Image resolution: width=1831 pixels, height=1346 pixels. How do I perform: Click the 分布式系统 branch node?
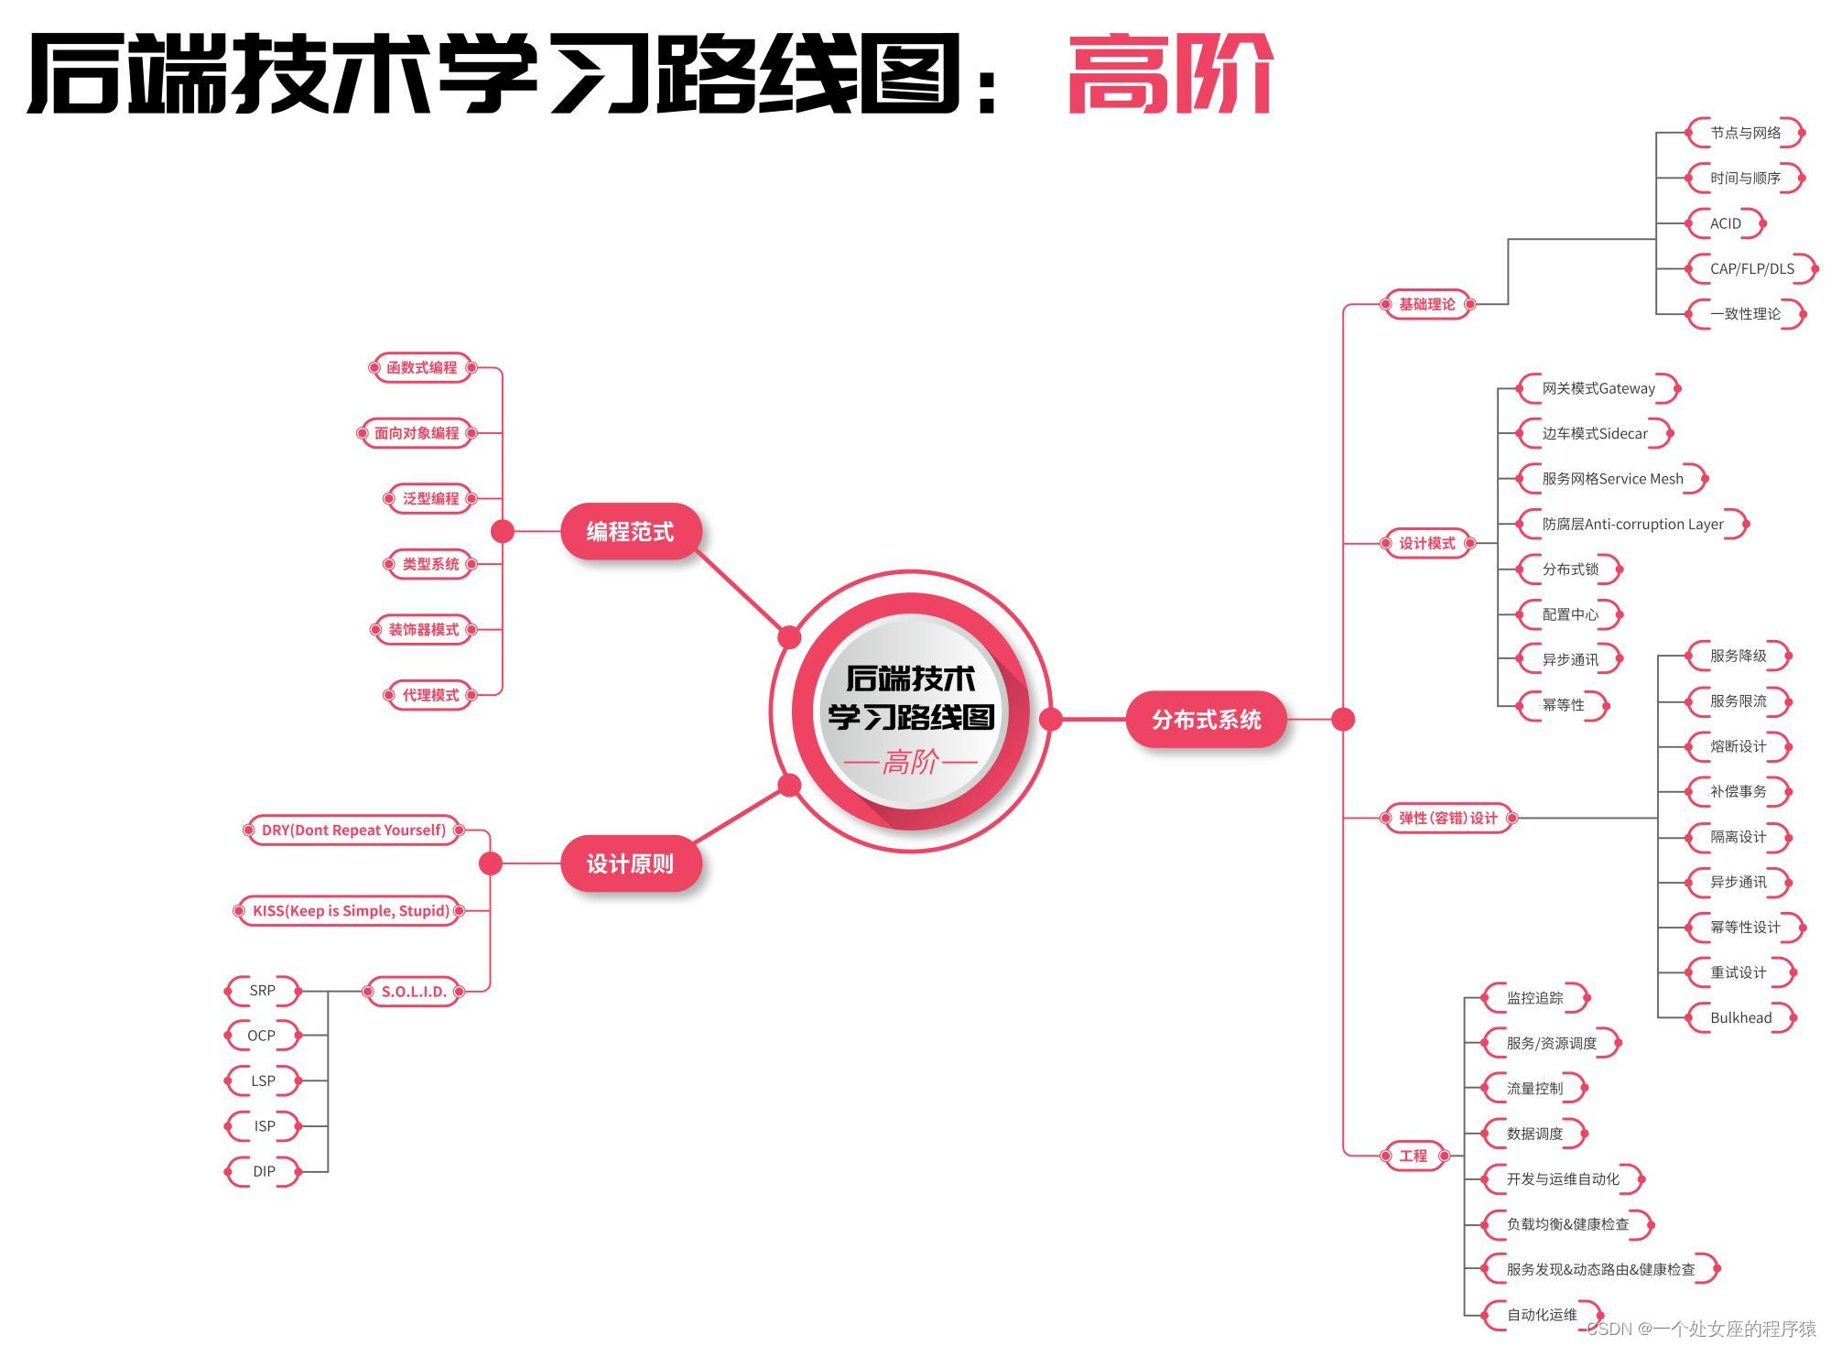[x=1206, y=720]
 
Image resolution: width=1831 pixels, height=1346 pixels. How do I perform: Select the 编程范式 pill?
[x=630, y=531]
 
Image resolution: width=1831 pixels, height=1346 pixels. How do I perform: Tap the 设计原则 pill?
[x=630, y=863]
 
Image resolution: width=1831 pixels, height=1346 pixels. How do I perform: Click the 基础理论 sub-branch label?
[x=1426, y=304]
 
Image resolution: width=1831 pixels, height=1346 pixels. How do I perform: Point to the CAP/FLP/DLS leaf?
[x=1751, y=268]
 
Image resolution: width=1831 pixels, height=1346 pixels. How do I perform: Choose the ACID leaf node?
[x=1725, y=223]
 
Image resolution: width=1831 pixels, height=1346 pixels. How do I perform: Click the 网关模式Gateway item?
[x=1598, y=388]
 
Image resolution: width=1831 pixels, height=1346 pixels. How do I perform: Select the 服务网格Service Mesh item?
[x=1612, y=479]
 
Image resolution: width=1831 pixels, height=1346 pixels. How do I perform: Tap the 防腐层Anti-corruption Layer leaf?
[x=1632, y=524]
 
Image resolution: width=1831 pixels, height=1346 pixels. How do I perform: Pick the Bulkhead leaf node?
[x=1740, y=1017]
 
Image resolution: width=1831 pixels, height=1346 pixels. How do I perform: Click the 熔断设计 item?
[x=1738, y=746]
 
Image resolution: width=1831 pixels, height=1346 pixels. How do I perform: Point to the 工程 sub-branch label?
[x=1413, y=1156]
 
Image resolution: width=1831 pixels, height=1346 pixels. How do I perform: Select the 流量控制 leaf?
[x=1534, y=1089]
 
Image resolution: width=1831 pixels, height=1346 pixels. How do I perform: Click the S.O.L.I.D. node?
[x=414, y=991]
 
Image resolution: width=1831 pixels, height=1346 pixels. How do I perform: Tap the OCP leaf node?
[x=262, y=1036]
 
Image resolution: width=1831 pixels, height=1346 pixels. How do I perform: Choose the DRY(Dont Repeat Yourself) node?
[x=353, y=830]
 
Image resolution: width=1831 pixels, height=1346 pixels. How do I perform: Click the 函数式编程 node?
[x=421, y=367]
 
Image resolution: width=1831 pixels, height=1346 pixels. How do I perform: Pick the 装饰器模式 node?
[x=423, y=629]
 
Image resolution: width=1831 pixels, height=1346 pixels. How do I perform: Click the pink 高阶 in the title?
[x=1170, y=73]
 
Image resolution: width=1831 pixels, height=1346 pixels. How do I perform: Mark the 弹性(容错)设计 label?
[x=1447, y=818]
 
